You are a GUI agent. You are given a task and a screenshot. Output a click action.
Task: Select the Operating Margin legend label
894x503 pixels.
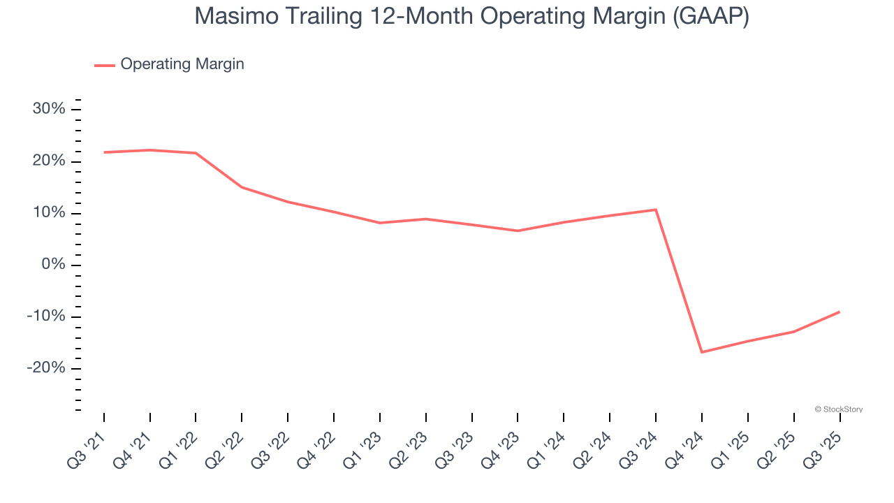tap(182, 64)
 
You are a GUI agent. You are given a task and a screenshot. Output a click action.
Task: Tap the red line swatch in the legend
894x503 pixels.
tap(105, 65)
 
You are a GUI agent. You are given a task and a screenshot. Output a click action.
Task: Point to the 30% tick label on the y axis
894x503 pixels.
tap(49, 109)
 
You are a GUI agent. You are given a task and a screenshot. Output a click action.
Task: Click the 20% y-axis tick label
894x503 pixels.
tap(49, 161)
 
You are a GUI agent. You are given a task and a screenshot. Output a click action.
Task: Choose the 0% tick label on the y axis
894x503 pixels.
tap(53, 265)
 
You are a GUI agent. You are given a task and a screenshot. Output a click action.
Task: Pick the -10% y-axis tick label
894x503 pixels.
tap(46, 316)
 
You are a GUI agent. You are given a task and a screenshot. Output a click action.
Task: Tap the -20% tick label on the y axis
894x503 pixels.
tap(46, 368)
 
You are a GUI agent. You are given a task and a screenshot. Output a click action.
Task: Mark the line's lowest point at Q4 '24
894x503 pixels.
tap(701, 352)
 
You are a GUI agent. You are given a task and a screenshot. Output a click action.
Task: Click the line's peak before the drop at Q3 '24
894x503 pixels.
tap(656, 210)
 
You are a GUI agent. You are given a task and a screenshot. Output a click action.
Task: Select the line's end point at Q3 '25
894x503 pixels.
tap(839, 312)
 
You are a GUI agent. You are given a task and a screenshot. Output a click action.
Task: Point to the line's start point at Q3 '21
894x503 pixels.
tap(104, 152)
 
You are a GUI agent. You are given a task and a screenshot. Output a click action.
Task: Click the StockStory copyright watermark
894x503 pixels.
tap(839, 409)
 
